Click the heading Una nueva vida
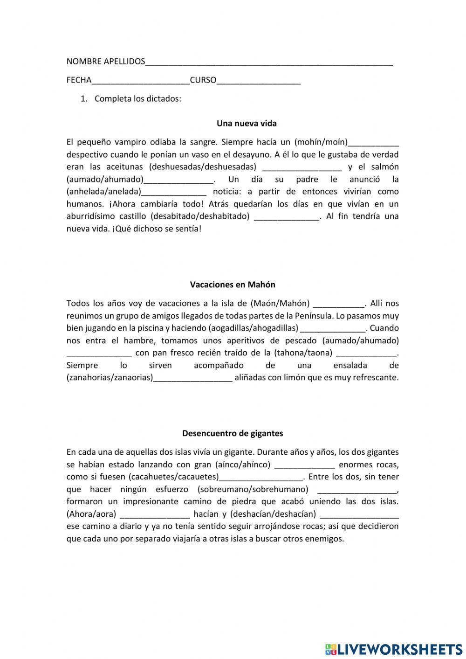coord(247,124)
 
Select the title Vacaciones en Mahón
coord(233,284)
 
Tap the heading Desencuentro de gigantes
coord(233,433)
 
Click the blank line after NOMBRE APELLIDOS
coord(269,62)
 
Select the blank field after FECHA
coord(141,81)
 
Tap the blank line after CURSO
coord(259,81)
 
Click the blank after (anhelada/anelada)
coord(174,192)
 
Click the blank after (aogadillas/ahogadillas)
coord(333,328)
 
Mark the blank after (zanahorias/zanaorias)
coord(192,378)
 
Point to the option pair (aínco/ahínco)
coord(243,465)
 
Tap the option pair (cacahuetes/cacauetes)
coord(174,477)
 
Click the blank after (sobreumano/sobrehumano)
coord(357,490)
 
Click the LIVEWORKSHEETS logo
coord(394,649)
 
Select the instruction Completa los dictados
coord(137,99)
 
